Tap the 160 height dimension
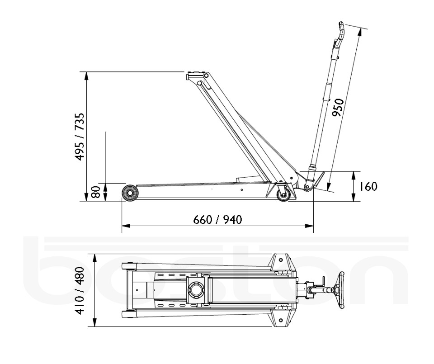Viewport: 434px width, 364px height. click(x=368, y=186)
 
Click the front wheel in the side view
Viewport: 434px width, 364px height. click(x=130, y=193)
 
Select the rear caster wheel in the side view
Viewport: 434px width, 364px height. click(x=283, y=195)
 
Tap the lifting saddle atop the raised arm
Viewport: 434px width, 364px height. click(x=193, y=75)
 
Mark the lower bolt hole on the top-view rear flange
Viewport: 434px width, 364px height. click(x=280, y=320)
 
